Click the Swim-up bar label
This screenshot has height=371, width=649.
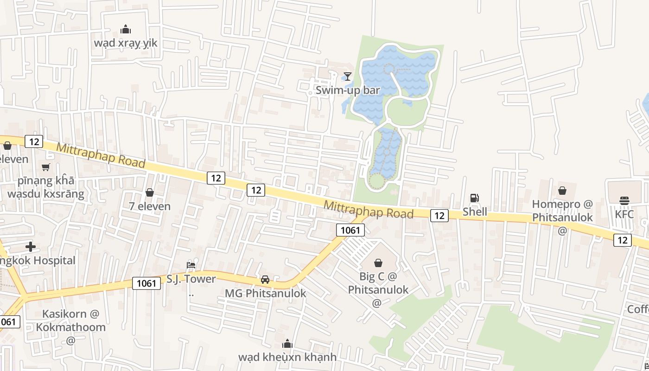pos(348,90)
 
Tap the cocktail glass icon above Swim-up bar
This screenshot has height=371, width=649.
pos(348,77)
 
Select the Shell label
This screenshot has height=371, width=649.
pos(475,212)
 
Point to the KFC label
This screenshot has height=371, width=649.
pos(624,214)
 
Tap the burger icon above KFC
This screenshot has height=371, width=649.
pos(624,201)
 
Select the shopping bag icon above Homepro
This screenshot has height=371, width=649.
pos(562,191)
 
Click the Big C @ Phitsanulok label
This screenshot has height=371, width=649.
pos(378,283)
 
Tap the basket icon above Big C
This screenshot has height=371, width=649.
pos(378,263)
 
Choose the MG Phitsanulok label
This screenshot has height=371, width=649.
pos(266,294)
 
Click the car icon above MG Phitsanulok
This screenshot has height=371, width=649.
pos(265,280)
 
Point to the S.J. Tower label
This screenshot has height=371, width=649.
pos(191,279)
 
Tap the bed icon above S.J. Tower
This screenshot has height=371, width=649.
pos(191,265)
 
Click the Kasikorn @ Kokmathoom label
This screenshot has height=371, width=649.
pos(71,320)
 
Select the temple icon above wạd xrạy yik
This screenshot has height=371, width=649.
pos(126,30)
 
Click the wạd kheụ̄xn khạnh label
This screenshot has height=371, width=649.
pos(287,357)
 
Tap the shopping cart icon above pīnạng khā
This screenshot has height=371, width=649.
pos(45,167)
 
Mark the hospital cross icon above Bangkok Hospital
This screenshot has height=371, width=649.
pos(31,247)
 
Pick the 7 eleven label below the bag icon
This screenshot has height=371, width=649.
pos(150,206)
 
